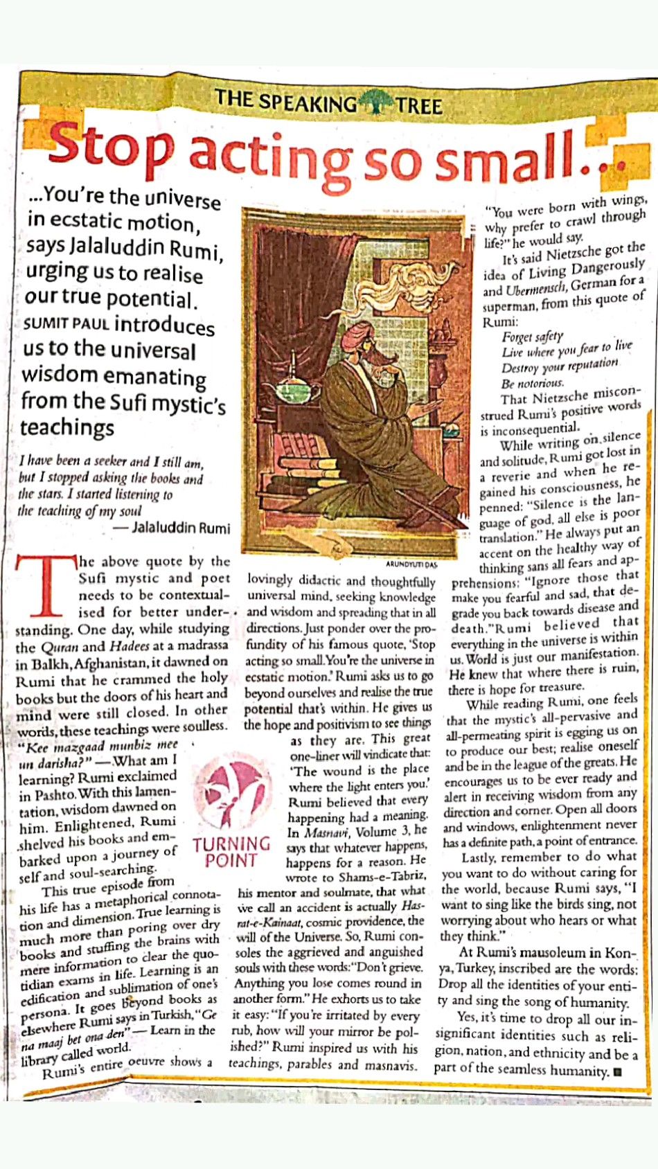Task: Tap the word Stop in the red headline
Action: (x=111, y=148)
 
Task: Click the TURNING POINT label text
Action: (x=231, y=853)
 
